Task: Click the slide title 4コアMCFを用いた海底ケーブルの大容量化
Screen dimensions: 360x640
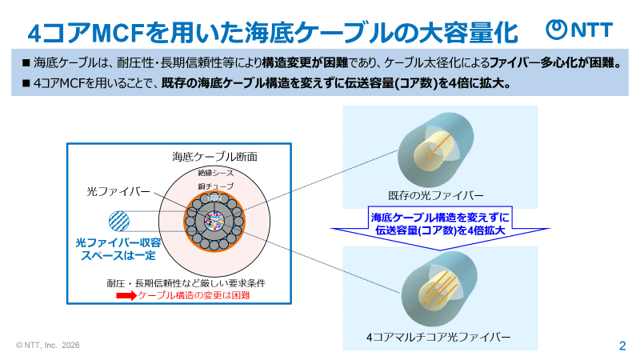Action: pyautogui.click(x=272, y=33)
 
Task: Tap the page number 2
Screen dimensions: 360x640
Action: pyautogui.click(x=622, y=346)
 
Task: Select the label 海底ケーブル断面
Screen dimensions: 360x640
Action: pyautogui.click(x=215, y=156)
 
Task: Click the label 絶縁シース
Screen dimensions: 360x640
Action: pyautogui.click(x=215, y=173)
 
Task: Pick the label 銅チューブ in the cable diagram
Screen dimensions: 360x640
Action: pyautogui.click(x=215, y=186)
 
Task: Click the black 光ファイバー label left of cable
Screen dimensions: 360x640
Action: pyautogui.click(x=118, y=192)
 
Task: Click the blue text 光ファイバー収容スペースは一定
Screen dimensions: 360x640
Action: pyautogui.click(x=115, y=247)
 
